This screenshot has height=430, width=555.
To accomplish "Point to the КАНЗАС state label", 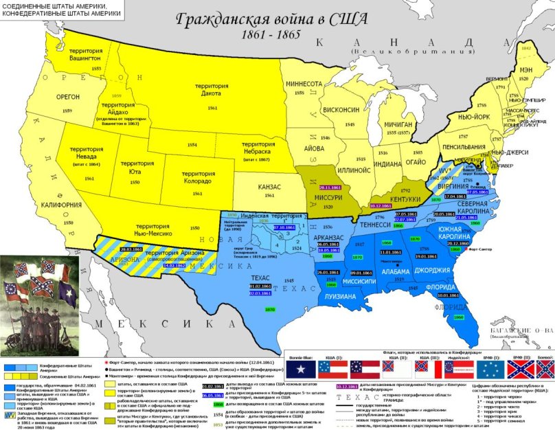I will coord(270,187).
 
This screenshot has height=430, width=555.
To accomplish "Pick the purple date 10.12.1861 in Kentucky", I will coord(381,205).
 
